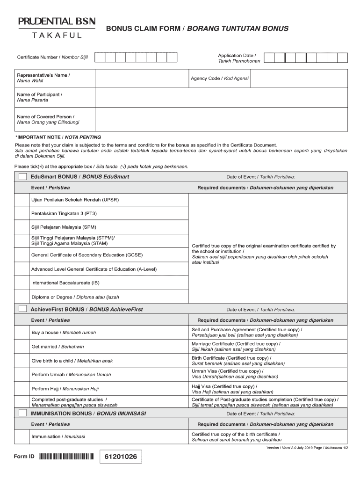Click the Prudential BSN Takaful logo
click(57, 28)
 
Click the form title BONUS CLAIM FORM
click(197, 29)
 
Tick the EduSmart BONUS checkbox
click(22, 177)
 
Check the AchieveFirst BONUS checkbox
click(22, 309)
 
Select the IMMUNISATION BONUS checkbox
click(22, 414)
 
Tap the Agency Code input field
click(299, 78)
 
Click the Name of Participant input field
click(221, 97)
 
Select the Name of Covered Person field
click(221, 120)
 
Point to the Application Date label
click(237, 58)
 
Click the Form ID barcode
click(66, 457)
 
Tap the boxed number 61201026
click(121, 457)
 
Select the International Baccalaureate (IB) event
click(65, 283)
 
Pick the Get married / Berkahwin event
click(58, 347)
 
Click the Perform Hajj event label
click(65, 389)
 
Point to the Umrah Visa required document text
click(235, 374)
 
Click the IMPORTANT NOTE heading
click(58, 138)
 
